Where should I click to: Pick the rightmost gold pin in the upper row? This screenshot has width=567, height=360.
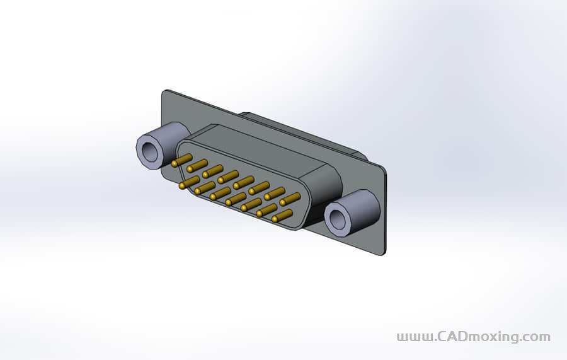point(290,199)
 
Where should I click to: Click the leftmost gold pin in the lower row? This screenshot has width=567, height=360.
point(188,182)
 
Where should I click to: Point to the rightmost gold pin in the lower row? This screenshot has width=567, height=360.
point(282,216)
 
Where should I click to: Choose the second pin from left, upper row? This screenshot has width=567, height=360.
point(197,165)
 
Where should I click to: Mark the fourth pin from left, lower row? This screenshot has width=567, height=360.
point(236,199)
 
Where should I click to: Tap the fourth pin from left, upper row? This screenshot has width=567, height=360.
point(228,177)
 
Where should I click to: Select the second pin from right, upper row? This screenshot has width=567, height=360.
point(274,194)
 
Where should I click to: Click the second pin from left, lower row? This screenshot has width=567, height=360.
point(204,188)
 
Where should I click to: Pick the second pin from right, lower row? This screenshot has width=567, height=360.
point(266,210)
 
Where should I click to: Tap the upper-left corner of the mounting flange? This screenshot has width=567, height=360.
point(164,93)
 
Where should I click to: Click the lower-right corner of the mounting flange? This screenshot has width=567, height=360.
point(382,252)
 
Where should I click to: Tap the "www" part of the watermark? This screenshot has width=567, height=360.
point(413,337)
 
